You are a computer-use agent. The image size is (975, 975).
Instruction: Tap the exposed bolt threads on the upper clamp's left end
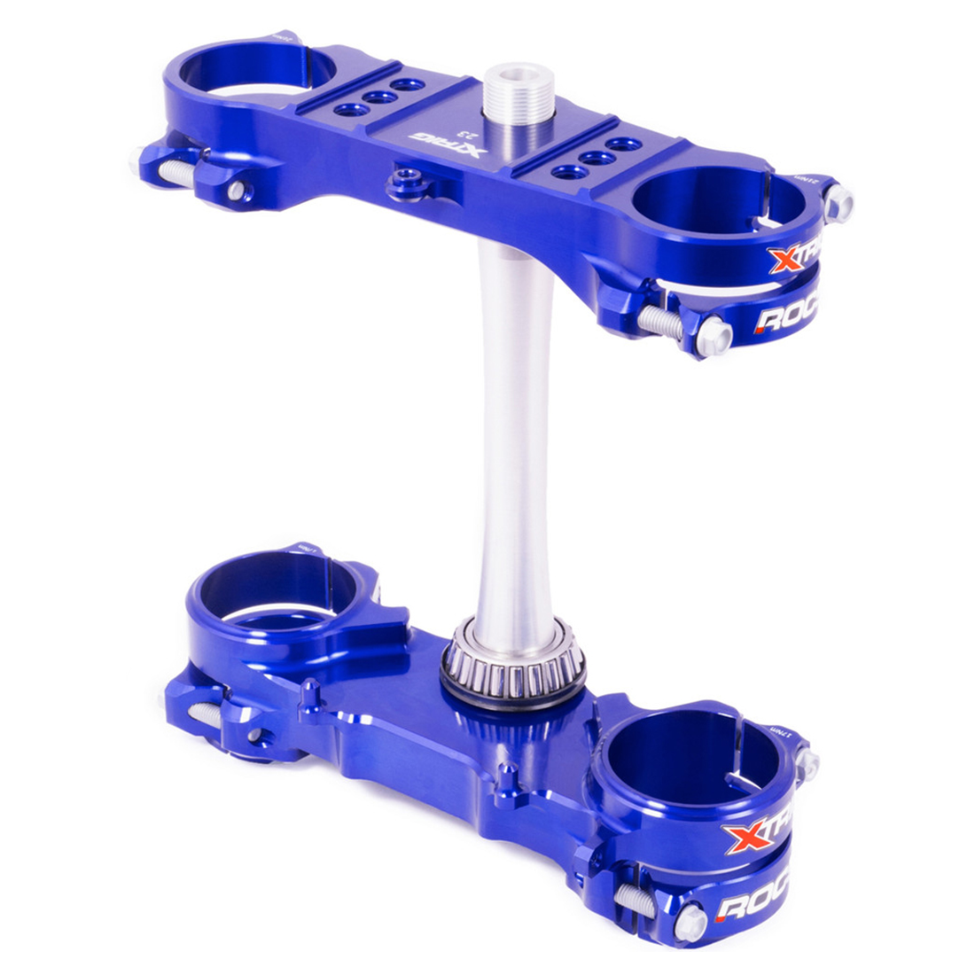[178, 174]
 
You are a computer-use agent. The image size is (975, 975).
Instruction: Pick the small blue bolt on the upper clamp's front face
[403, 184]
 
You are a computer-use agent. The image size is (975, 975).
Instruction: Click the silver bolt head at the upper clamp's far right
[838, 205]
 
